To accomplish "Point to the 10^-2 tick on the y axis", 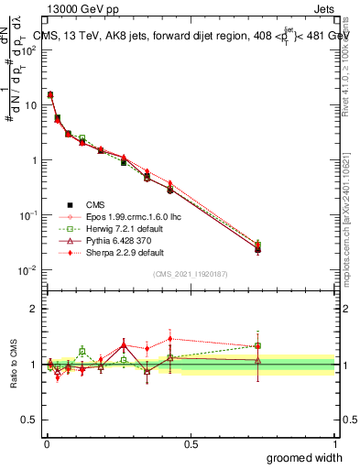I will point(29,270).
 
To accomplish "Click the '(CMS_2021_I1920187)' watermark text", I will point(190,274).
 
